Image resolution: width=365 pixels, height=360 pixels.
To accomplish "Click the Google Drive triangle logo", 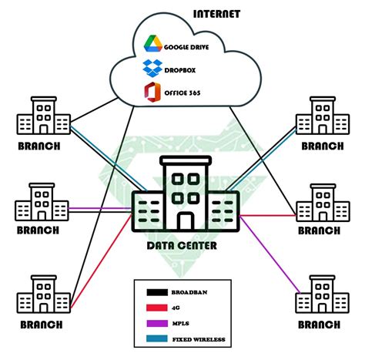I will [152, 45].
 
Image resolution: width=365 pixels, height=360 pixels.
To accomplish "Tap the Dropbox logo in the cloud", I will [152, 69].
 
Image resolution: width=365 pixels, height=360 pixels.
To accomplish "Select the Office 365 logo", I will [152, 93].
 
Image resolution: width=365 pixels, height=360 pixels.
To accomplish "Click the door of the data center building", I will [185, 220].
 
